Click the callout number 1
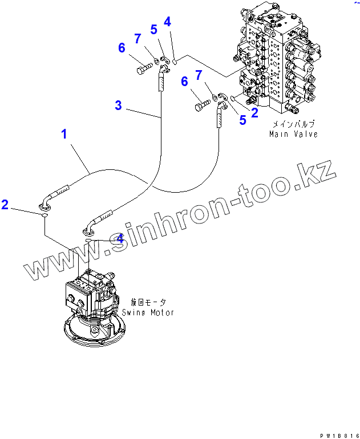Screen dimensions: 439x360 click(64, 135)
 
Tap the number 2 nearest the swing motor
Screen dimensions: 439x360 click(5, 205)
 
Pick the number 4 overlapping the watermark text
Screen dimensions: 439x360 click(119, 239)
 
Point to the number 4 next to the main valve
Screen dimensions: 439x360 click(167, 22)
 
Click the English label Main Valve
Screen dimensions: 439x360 click(293, 134)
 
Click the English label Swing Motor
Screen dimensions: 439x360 click(148, 312)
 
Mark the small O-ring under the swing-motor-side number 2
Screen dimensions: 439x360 click(44, 215)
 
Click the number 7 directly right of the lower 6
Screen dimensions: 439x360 click(198, 75)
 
